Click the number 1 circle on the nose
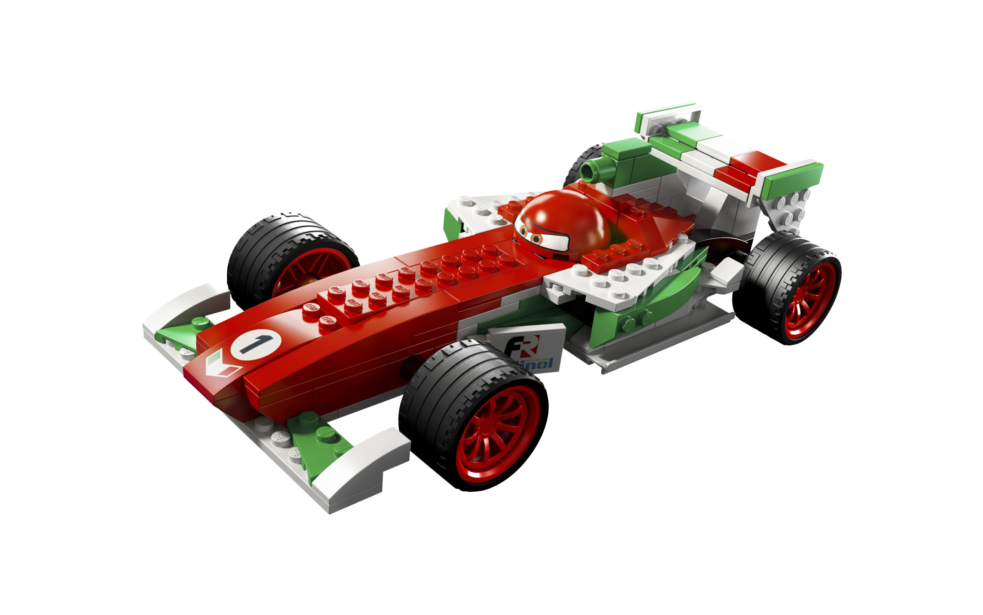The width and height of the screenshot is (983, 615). (256, 344)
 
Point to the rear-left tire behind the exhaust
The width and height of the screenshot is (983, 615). (581, 163)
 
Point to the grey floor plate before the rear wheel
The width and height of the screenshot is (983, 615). (659, 346)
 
